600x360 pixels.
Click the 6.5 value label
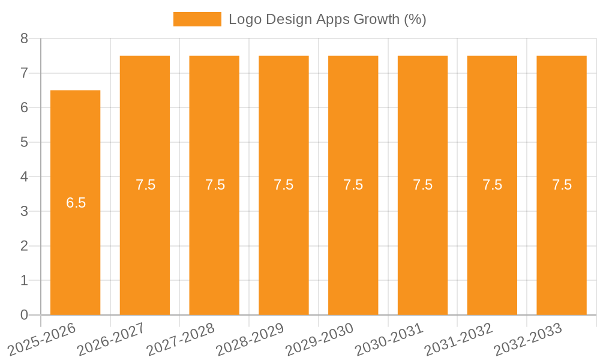click(76, 203)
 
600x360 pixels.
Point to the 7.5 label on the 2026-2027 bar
click(145, 185)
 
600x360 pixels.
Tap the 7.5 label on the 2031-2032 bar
click(492, 185)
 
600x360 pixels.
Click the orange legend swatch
click(197, 19)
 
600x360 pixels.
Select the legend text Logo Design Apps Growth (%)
click(327, 19)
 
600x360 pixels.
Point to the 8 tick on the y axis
click(25, 38)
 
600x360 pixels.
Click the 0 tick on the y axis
click(25, 315)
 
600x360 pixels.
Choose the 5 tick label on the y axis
click(25, 142)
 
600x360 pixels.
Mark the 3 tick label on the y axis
click(25, 211)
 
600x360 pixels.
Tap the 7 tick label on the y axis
click(25, 73)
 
